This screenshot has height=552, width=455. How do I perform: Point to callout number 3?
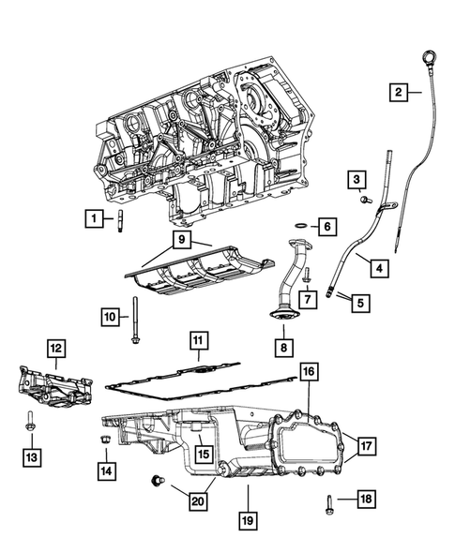pyautogui.click(x=357, y=178)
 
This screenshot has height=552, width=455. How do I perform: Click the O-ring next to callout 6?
pyautogui.click(x=297, y=226)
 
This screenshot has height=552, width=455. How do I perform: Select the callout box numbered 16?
pyautogui.click(x=309, y=373)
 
